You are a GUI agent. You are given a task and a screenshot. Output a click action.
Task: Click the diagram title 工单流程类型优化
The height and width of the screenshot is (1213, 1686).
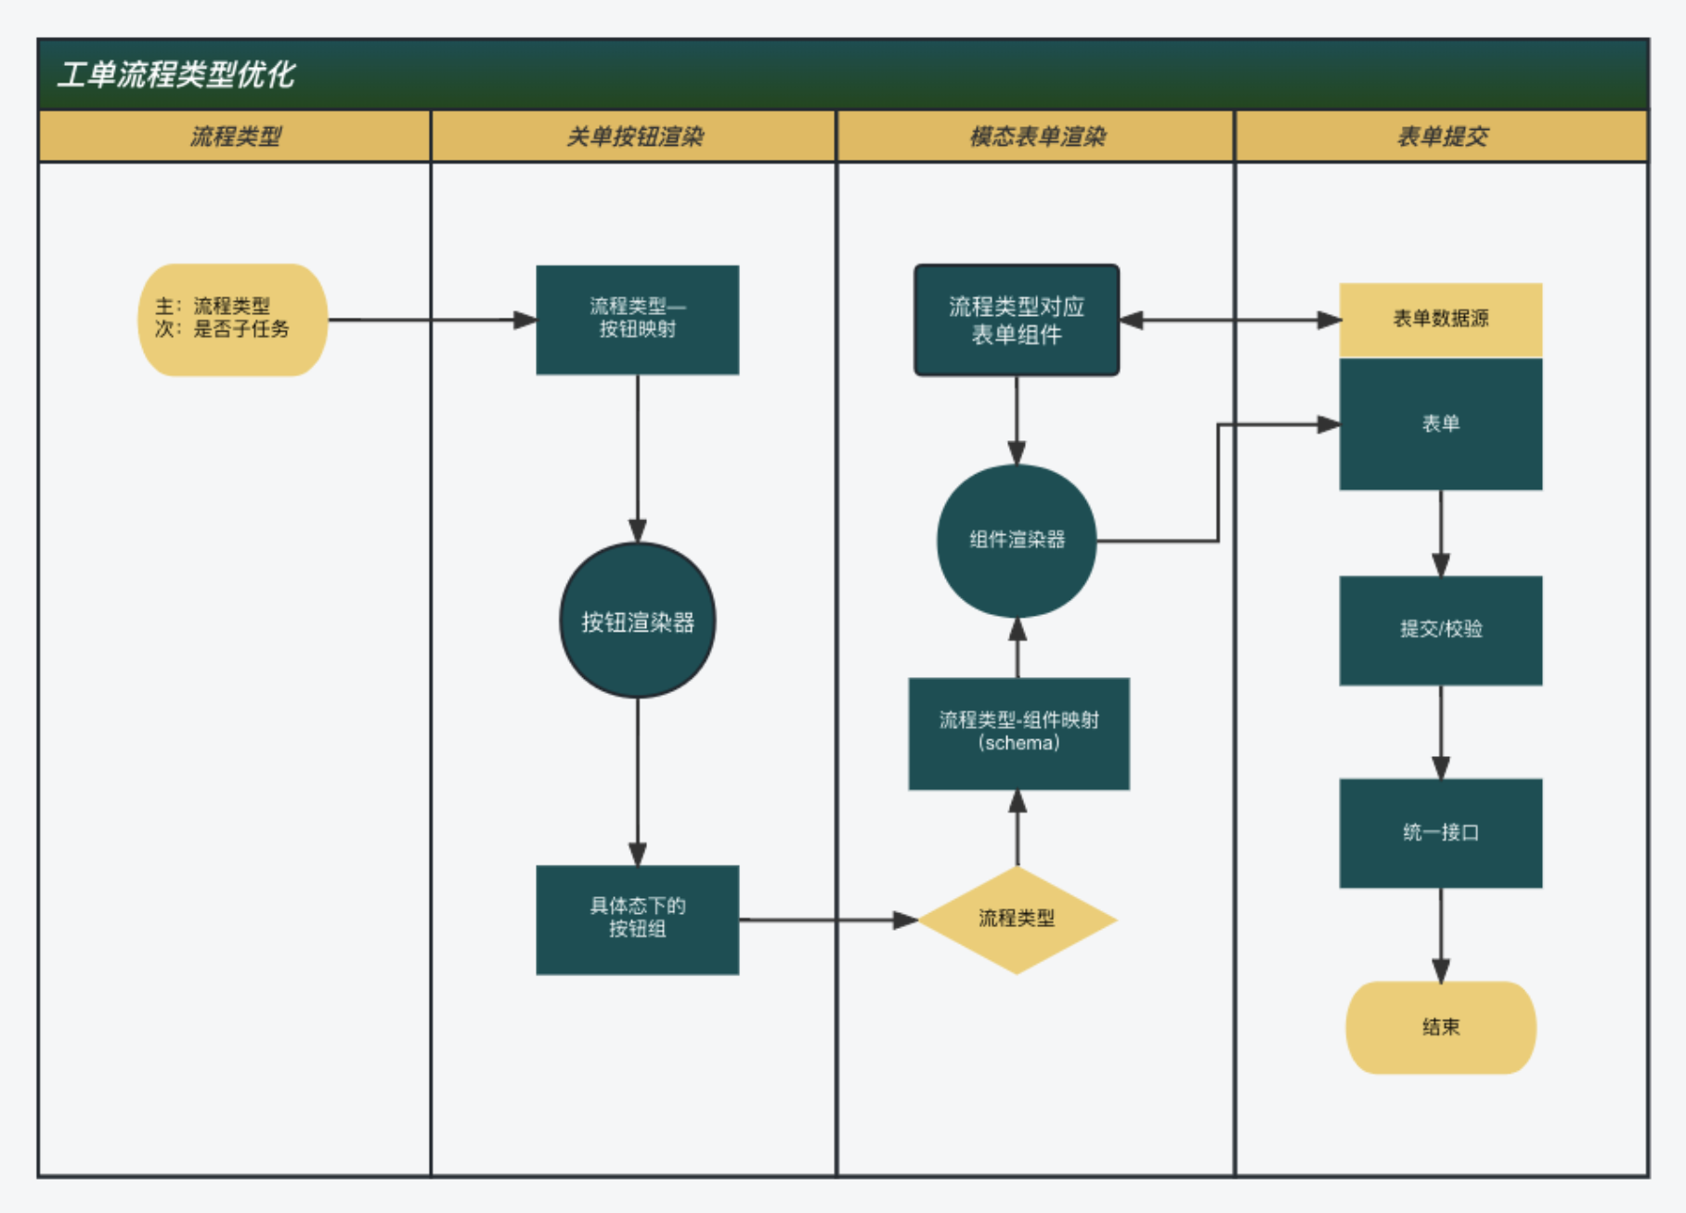176,74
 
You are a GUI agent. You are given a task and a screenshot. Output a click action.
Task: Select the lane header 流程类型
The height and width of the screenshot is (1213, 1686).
236,137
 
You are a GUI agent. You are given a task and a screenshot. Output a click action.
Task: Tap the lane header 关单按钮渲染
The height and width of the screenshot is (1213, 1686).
635,137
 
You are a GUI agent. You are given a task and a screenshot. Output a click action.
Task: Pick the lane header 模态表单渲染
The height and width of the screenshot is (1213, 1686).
1038,137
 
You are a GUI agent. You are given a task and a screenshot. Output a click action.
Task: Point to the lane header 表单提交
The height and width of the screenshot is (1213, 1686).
1443,137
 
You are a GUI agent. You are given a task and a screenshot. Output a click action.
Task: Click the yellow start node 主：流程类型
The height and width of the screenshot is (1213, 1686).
232,320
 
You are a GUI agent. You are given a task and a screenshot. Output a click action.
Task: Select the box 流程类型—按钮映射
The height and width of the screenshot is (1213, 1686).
638,320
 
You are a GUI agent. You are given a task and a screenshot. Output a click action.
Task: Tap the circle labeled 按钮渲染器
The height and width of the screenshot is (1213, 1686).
638,620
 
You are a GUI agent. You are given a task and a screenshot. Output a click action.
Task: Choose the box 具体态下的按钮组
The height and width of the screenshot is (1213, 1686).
638,920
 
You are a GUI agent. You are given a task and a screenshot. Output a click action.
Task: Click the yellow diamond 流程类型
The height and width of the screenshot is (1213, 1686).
1018,920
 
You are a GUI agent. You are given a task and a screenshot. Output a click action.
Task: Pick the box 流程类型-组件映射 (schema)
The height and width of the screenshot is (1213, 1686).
1018,734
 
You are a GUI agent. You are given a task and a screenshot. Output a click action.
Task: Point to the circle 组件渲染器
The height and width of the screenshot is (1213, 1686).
1018,541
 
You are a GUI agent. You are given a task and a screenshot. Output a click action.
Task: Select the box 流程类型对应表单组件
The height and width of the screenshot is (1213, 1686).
1017,320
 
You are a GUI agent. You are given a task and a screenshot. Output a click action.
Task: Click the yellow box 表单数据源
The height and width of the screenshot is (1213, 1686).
1441,320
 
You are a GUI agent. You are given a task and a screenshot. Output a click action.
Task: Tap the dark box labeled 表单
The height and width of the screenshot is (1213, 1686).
1441,424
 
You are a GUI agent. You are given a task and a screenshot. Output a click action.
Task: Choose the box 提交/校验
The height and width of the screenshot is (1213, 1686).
1441,630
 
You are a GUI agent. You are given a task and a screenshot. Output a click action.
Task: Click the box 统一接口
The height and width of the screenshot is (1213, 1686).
1441,833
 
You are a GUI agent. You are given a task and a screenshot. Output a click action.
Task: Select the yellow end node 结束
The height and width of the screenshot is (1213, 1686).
1441,1027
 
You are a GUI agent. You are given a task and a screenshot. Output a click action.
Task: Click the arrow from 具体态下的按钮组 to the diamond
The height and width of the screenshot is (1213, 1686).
828,920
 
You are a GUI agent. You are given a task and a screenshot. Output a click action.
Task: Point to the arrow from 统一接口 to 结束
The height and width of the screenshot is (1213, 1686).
1441,935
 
